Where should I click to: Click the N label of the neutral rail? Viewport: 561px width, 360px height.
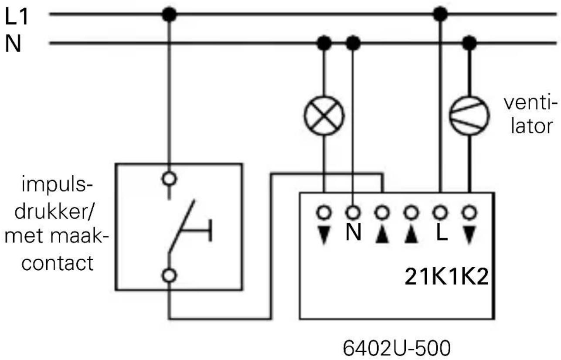(13, 44)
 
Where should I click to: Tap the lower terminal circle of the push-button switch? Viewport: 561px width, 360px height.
(169, 275)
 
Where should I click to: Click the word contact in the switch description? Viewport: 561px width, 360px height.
(57, 263)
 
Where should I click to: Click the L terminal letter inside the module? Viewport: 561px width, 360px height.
(442, 233)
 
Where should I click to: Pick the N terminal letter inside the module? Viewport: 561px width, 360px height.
(353, 233)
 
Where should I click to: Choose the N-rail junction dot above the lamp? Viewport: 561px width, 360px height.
(324, 43)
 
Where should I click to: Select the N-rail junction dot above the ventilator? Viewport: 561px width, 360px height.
(469, 43)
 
